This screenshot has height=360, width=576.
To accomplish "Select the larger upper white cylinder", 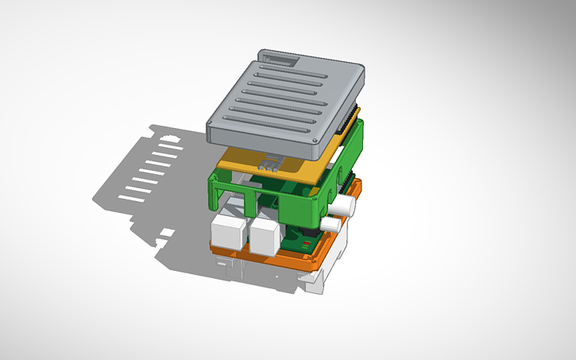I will [344, 206].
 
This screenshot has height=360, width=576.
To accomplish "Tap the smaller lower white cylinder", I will [334, 226].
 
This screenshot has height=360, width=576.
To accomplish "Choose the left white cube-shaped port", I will [229, 233].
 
